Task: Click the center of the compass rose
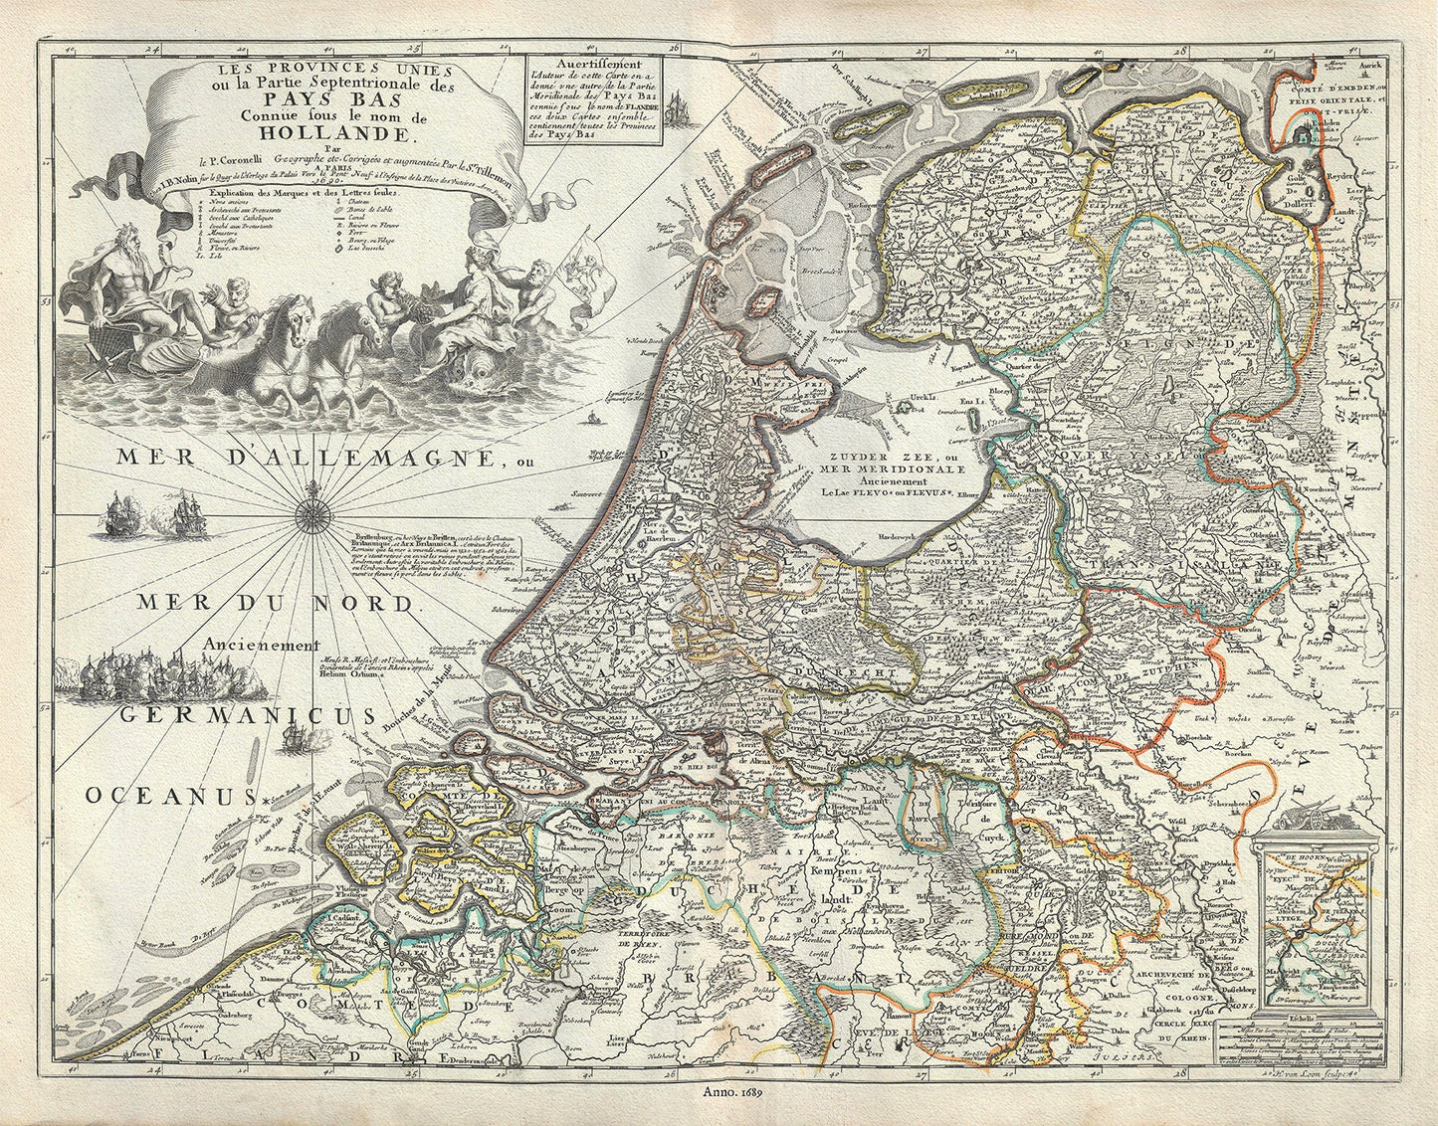[311, 514]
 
